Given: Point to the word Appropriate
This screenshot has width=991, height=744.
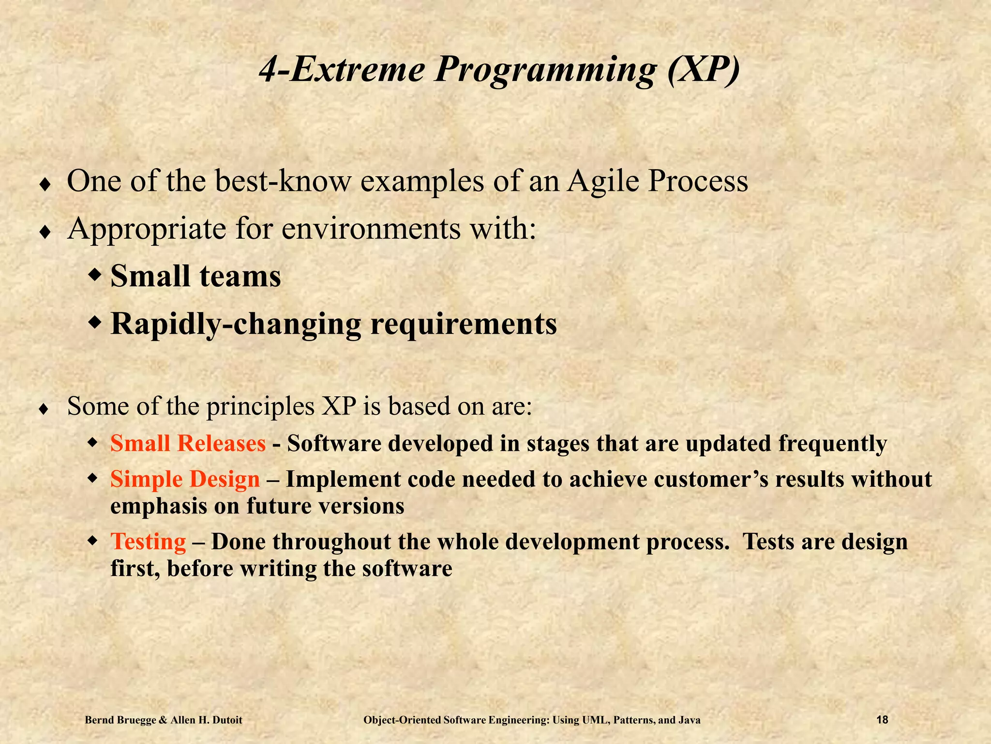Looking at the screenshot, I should pyautogui.click(x=147, y=229).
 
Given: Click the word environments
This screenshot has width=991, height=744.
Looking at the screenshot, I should pyautogui.click(x=371, y=229).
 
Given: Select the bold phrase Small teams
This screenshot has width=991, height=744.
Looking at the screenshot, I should pyautogui.click(x=195, y=276).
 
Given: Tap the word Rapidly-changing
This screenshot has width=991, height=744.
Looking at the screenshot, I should pyautogui.click(x=236, y=324).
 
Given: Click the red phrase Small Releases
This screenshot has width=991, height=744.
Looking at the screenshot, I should pyautogui.click(x=188, y=443).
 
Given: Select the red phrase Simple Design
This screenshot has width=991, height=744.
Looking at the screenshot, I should pyautogui.click(x=185, y=479).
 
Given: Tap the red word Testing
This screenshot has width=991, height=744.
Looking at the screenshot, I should pyautogui.click(x=148, y=542).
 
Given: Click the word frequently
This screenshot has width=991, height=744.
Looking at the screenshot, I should pyautogui.click(x=832, y=443).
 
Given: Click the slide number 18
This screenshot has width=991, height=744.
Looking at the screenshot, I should pyautogui.click(x=882, y=720).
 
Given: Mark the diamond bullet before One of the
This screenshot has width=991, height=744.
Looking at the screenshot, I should pyautogui.click(x=45, y=185).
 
